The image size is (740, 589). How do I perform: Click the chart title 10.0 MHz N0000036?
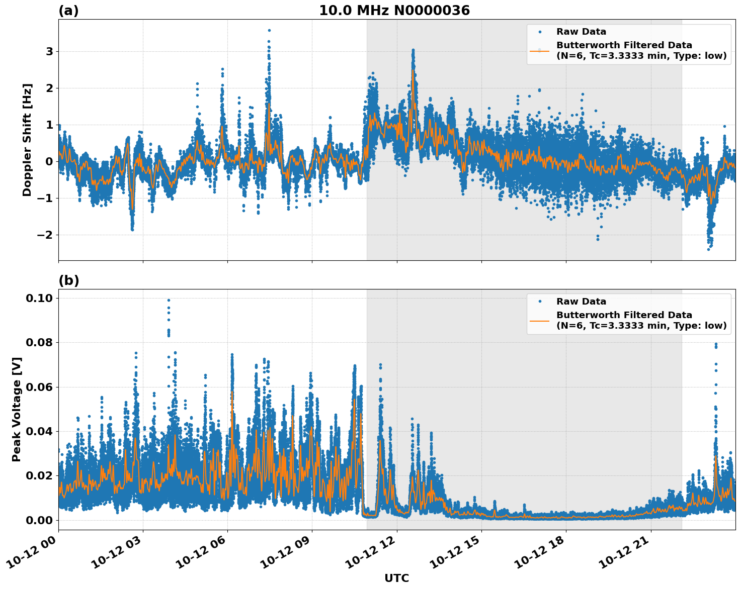click(394, 11)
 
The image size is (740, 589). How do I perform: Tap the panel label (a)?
click(68, 11)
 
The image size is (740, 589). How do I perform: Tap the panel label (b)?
click(68, 280)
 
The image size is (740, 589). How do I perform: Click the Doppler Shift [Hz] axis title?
click(27, 140)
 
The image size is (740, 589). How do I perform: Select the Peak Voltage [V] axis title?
click(17, 409)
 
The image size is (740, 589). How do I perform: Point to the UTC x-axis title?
click(396, 578)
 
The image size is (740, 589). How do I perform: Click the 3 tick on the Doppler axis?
click(49, 52)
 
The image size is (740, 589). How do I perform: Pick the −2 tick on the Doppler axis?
click(46, 235)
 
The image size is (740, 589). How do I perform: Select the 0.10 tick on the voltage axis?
click(39, 299)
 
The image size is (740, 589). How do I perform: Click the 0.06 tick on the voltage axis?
click(39, 387)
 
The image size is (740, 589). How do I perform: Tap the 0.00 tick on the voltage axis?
click(39, 520)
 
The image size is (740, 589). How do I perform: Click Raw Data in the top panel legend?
click(581, 32)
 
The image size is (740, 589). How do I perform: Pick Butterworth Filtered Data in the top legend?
click(624, 45)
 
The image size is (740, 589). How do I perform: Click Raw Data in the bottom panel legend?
click(581, 302)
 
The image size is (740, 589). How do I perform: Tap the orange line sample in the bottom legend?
click(540, 320)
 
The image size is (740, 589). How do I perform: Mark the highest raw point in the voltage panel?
click(169, 301)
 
